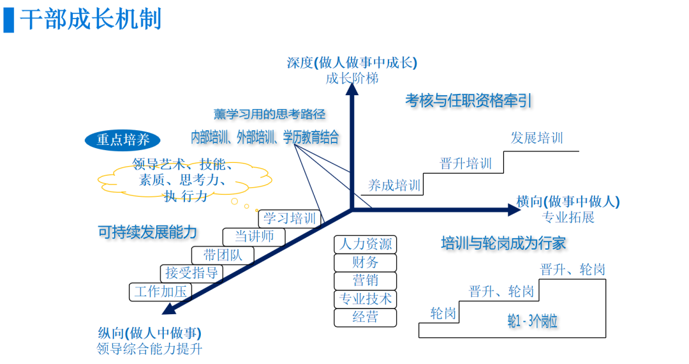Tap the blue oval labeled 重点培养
[122, 140]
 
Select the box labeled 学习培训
[290, 218]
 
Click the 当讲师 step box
[255, 236]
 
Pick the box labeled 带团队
[223, 255]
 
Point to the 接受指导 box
[191, 273]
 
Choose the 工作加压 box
[159, 292]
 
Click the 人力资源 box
[365, 244]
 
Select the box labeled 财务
[365, 262]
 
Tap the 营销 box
[365, 280]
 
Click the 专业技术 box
[365, 299]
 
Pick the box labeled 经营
[365, 317]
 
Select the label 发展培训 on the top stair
[537, 138]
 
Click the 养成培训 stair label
[394, 186]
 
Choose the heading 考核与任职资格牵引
[468, 100]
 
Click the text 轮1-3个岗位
[532, 321]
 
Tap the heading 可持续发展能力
[147, 232]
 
